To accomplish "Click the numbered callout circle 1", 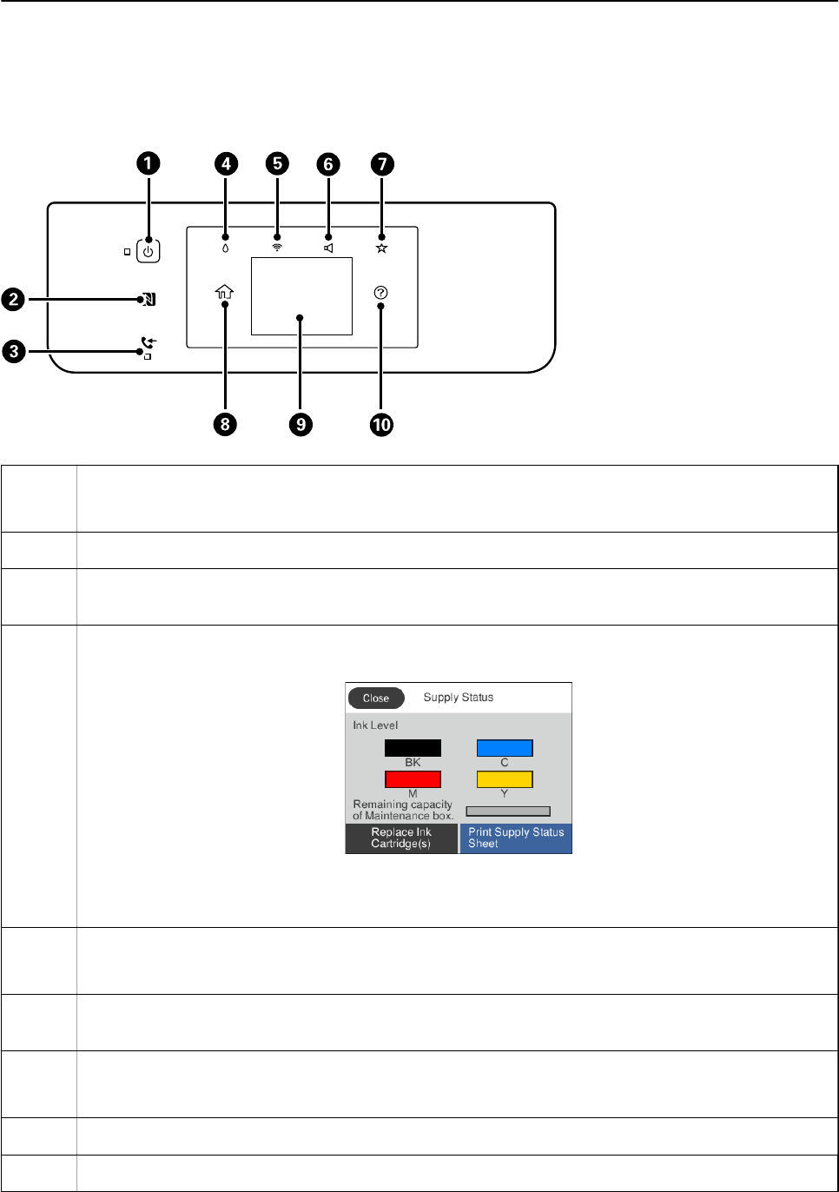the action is point(149,163).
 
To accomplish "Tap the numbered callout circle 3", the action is point(14,351).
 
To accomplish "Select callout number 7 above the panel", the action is point(382,164).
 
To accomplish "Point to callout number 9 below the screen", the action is point(301,425).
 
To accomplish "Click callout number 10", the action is point(381,425).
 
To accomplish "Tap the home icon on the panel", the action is point(224,292).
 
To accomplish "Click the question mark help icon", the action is point(381,292).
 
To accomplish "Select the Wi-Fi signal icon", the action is point(277,248).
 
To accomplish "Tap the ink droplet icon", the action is point(226,248).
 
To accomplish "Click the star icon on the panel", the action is point(381,248).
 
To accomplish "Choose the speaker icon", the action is point(329,248).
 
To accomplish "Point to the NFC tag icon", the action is point(149,300).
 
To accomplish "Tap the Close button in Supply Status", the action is point(375,699).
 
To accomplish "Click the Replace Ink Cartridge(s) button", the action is point(401,838).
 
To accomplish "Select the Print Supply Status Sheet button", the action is point(516,838).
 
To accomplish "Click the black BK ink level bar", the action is point(413,748).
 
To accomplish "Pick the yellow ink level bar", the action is point(505,779).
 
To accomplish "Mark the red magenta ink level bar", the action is point(413,779).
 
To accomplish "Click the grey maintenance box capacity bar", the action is point(508,811).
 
